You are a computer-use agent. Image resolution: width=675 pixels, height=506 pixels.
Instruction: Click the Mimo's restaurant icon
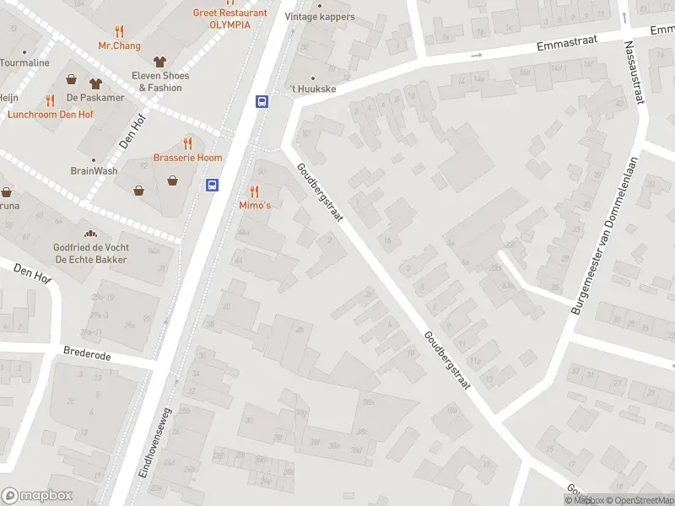click(254, 191)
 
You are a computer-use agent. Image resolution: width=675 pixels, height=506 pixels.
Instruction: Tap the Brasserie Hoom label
click(187, 158)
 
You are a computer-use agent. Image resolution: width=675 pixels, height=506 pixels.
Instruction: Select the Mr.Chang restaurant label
click(119, 46)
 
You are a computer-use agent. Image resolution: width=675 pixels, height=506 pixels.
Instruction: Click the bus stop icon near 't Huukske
click(262, 101)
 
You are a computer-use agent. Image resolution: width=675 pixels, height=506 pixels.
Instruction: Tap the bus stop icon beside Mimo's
click(213, 185)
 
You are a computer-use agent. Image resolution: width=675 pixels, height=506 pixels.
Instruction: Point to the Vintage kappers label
click(320, 16)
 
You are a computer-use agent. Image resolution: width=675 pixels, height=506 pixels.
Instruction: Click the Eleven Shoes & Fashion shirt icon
click(159, 61)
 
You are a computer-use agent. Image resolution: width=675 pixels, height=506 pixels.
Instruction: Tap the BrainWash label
click(94, 170)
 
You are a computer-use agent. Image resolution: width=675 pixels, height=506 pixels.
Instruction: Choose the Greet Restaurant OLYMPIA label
click(229, 19)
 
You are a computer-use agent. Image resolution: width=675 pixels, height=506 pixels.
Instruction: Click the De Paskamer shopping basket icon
click(73, 82)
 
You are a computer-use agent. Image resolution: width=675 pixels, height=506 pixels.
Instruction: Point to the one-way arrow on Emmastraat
click(476, 56)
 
